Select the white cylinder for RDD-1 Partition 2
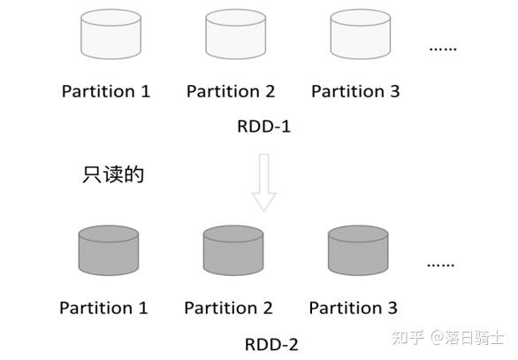[x=235, y=36]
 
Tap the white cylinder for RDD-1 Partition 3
[x=360, y=36]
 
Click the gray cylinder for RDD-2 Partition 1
[x=108, y=251]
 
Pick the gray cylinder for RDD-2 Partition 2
[x=233, y=251]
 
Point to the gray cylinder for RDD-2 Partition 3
[x=358, y=251]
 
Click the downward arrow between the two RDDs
[x=263, y=182]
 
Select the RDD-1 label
[x=263, y=126]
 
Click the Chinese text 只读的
[x=112, y=174]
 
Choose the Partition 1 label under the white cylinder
[x=106, y=91]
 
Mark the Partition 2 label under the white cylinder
[x=231, y=91]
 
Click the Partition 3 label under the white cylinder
[x=355, y=91]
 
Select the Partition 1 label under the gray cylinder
[x=103, y=308]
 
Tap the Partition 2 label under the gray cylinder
[x=228, y=308]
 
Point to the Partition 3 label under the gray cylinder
[x=353, y=308]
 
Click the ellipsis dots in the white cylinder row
[x=442, y=49]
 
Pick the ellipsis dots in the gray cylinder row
[x=440, y=264]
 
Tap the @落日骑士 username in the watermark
[x=468, y=338]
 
